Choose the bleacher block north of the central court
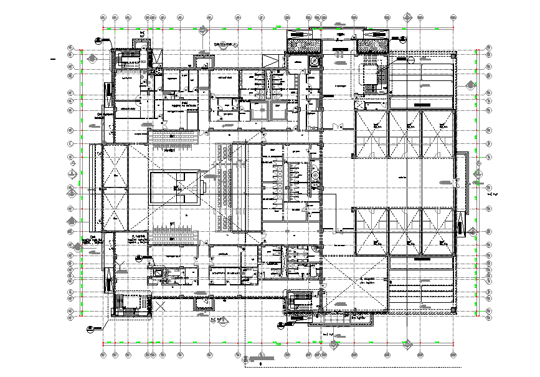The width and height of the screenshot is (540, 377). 173,138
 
